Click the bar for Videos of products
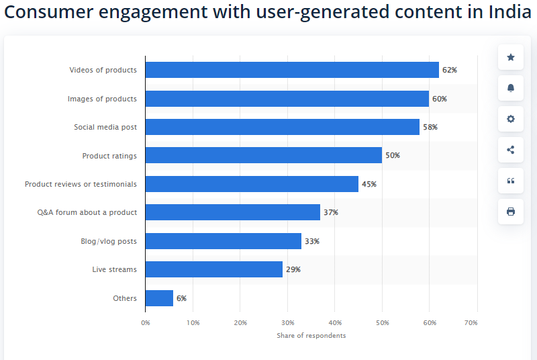coord(292,70)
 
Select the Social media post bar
coord(282,127)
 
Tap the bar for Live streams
coord(213,269)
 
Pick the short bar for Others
coord(159,298)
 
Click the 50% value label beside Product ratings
coord(392,156)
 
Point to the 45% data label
coord(369,184)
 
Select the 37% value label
coord(330,212)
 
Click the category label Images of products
coord(102,99)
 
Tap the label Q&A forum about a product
coord(87,212)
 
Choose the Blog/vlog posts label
coord(108,241)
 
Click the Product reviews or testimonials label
coord(81,184)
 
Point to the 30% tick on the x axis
coord(287,323)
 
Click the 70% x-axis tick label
coord(471,323)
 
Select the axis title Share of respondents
coord(311,336)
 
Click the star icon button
coord(511,57)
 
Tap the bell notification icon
coord(511,88)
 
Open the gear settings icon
coord(511,119)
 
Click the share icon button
coord(511,150)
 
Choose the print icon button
coord(511,212)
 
